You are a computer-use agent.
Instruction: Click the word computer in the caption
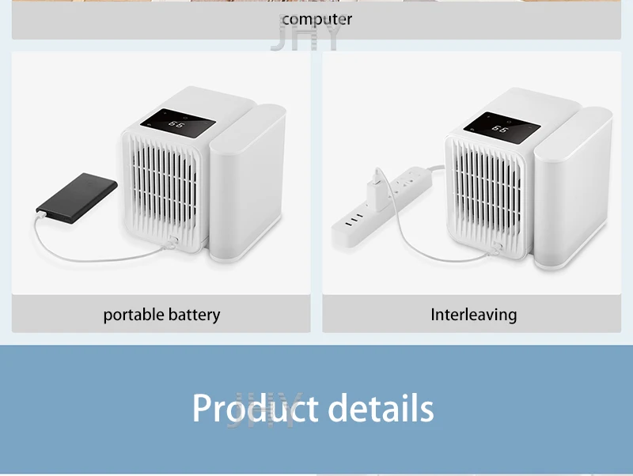click(x=316, y=18)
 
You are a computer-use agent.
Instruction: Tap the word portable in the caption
click(x=131, y=315)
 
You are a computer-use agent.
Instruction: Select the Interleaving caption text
click(x=473, y=315)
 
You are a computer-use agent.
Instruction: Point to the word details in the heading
click(x=381, y=408)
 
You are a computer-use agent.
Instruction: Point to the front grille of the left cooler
click(x=163, y=190)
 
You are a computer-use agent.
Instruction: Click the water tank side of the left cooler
click(x=247, y=186)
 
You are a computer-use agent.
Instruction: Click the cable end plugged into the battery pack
click(x=41, y=211)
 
